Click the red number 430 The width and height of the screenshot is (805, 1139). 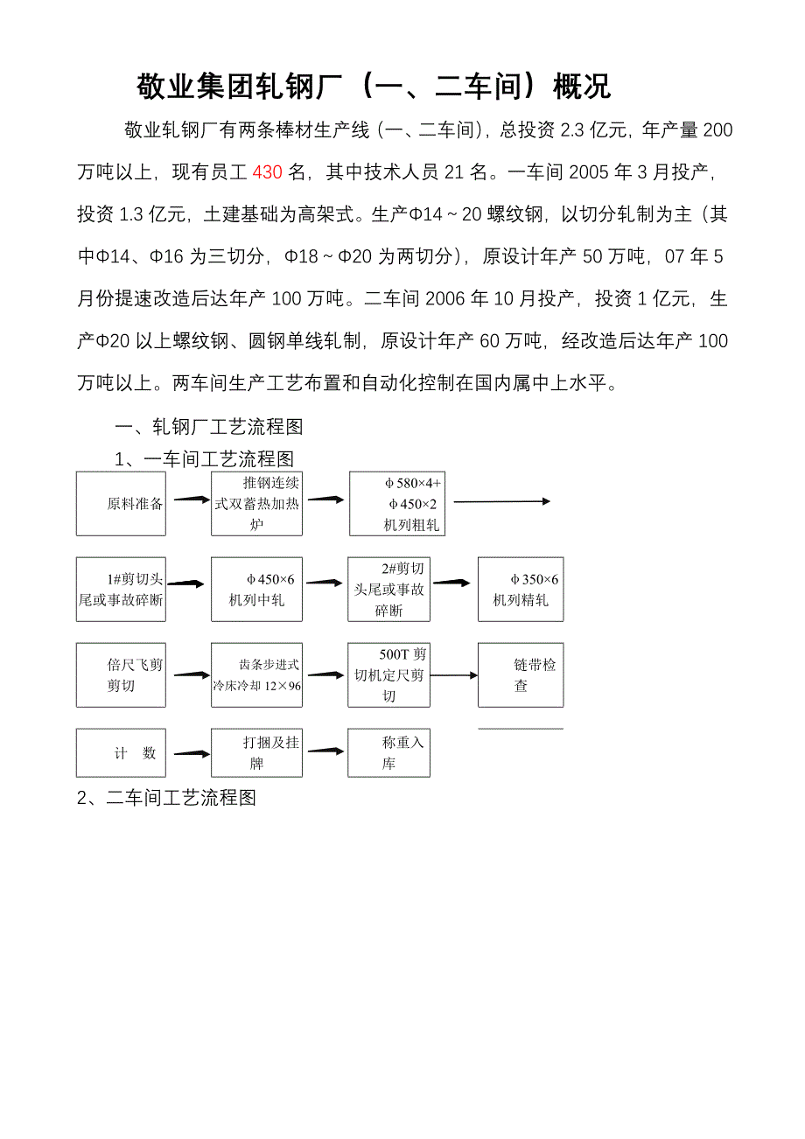[x=267, y=172]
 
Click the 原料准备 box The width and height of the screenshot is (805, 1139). [x=120, y=503]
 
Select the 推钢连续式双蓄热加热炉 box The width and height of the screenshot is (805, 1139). [x=256, y=503]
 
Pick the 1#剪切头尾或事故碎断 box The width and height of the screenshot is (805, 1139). [x=120, y=590]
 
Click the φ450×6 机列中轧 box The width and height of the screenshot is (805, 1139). [x=256, y=590]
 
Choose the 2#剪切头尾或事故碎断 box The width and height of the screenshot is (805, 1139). [x=388, y=590]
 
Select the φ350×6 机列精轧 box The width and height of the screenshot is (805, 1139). [x=521, y=590]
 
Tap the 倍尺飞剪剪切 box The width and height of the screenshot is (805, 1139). [x=120, y=675]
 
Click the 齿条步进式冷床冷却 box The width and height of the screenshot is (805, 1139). [x=256, y=675]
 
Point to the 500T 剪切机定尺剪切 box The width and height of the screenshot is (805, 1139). [x=388, y=675]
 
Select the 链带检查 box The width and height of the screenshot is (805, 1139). [x=521, y=675]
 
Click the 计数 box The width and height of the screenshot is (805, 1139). [x=120, y=752]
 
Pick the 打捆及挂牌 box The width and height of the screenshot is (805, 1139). [x=256, y=752]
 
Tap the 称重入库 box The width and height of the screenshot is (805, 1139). [x=388, y=752]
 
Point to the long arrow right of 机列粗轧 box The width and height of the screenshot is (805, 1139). [x=501, y=501]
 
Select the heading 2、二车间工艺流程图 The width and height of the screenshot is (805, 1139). [x=166, y=798]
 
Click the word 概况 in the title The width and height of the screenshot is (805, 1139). [x=577, y=87]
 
